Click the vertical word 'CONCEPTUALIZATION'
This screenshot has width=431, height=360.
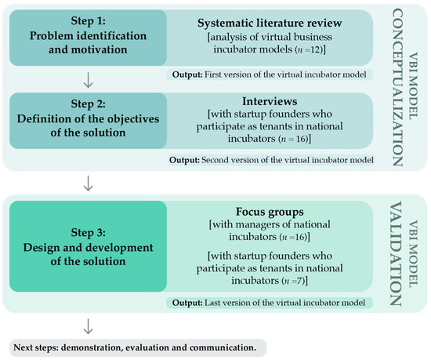click(x=410, y=85)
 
